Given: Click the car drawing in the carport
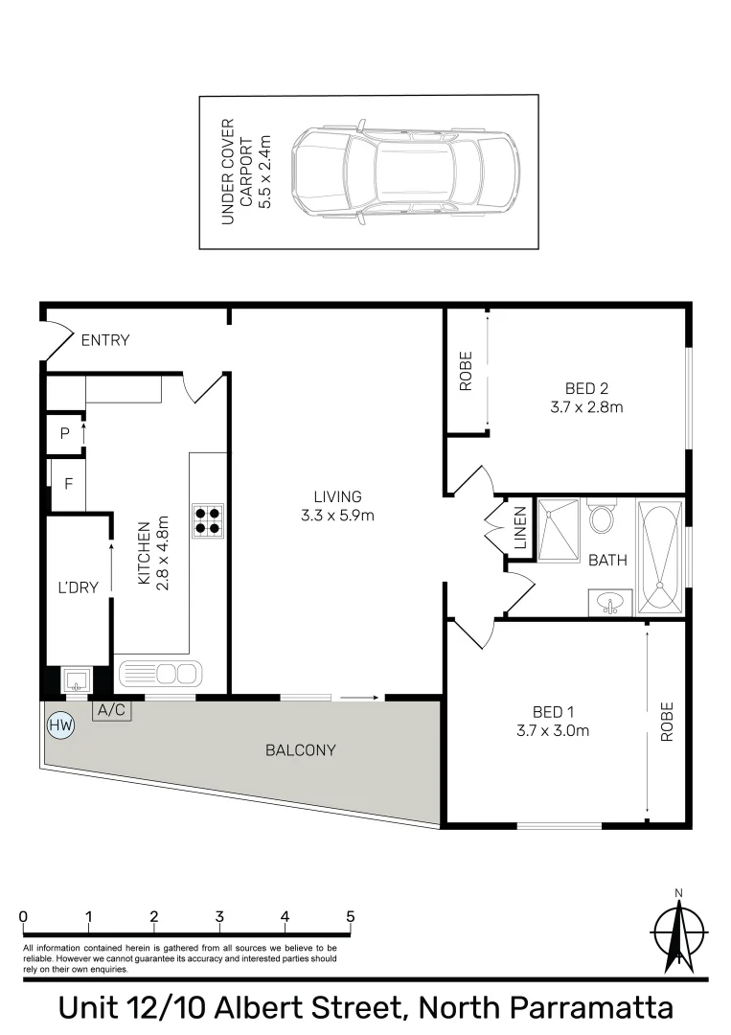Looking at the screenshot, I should tap(405, 172).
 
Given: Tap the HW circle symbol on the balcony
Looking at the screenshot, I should tap(60, 726).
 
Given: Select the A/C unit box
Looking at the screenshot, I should tap(110, 711).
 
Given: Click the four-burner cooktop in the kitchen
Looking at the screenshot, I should tap(208, 519).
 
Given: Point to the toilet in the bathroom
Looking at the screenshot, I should tap(602, 518).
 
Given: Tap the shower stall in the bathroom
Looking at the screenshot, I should tap(559, 530).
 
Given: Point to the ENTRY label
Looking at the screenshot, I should tap(105, 340).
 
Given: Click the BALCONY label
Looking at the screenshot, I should tap(301, 750).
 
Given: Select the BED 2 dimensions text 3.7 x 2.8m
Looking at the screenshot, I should tap(587, 406).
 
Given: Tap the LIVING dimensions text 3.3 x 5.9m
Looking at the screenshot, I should tap(337, 515).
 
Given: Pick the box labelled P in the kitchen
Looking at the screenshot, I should tap(65, 433).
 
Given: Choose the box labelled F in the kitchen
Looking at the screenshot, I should tap(68, 483).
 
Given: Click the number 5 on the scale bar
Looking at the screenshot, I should tap(351, 916).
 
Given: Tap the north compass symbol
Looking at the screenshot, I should tap(678, 931).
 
